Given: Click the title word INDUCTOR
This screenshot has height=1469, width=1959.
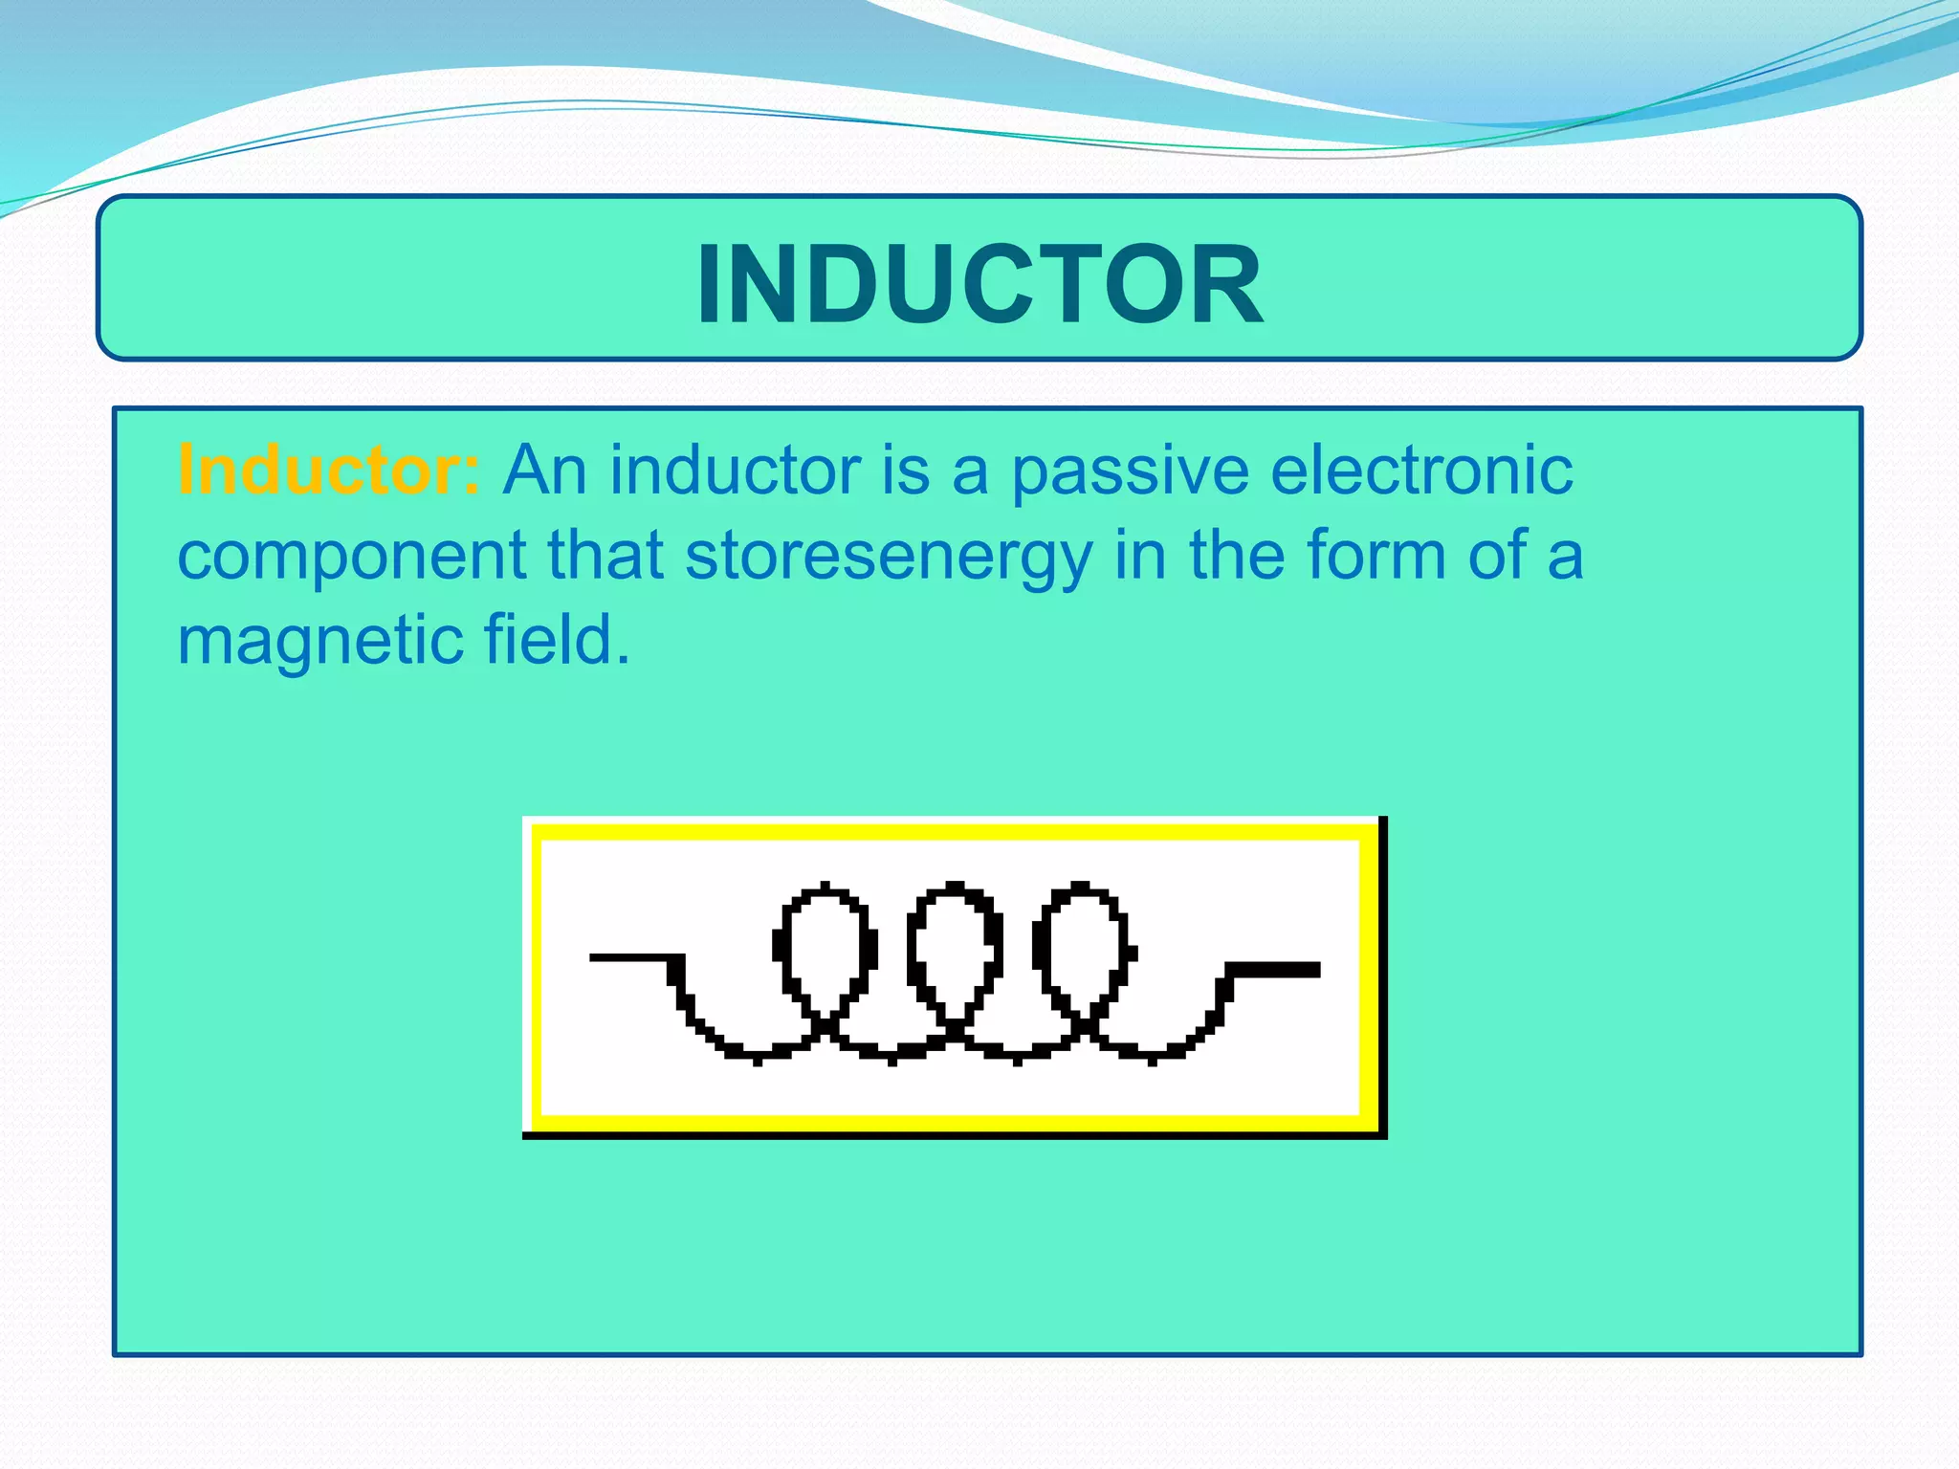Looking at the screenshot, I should point(979,285).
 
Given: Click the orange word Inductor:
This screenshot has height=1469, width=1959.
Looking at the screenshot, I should point(329,471).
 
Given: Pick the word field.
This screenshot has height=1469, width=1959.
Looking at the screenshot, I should point(557,640).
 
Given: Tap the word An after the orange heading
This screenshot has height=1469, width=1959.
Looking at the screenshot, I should point(545,471).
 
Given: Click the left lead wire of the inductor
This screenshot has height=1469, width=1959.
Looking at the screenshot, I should point(631,957).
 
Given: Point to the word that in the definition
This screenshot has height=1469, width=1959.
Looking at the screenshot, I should point(605,555).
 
